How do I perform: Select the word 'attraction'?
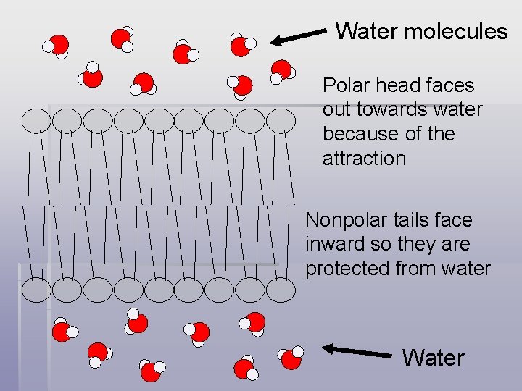coord(364,159)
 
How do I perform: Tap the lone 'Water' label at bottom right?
coord(433,358)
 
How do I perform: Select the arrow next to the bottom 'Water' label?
coord(356,351)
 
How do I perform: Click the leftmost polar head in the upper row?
coord(37,120)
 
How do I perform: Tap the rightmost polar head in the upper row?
coord(281,120)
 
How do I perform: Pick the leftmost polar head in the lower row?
coord(37,290)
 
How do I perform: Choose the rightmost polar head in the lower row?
coord(281,290)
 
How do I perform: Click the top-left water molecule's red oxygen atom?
coord(59,44)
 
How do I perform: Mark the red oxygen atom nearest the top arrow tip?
coord(240,46)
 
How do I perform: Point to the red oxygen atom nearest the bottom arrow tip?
coord(291,359)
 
